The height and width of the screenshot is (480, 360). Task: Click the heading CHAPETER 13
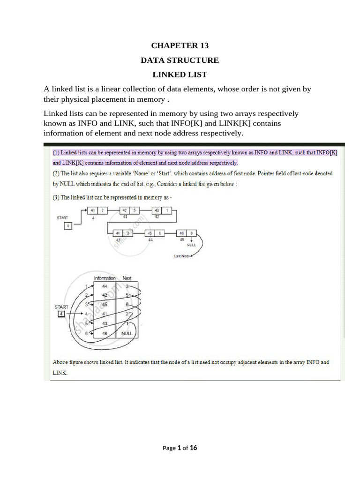180,45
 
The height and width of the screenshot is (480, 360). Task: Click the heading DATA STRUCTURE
180,60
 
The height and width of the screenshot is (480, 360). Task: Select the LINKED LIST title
180,75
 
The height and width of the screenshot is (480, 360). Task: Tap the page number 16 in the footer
193,448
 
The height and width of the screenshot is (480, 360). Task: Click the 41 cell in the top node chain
93,210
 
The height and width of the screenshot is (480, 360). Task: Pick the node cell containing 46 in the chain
182,233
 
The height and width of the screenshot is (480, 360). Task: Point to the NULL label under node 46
191,245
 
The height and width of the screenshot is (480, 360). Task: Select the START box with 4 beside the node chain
68,226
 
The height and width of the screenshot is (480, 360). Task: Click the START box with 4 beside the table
61,314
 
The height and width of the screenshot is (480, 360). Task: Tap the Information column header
105,278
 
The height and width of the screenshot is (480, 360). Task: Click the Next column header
127,278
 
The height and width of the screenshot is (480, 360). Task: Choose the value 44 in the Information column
105,286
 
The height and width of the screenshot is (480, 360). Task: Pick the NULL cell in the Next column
127,333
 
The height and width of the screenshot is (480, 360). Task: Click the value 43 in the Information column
105,323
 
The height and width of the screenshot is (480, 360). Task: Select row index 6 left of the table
86,333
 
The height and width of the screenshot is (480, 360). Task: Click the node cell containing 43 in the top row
157,210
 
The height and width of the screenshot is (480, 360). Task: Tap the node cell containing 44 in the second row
118,233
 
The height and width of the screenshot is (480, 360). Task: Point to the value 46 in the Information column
105,333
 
